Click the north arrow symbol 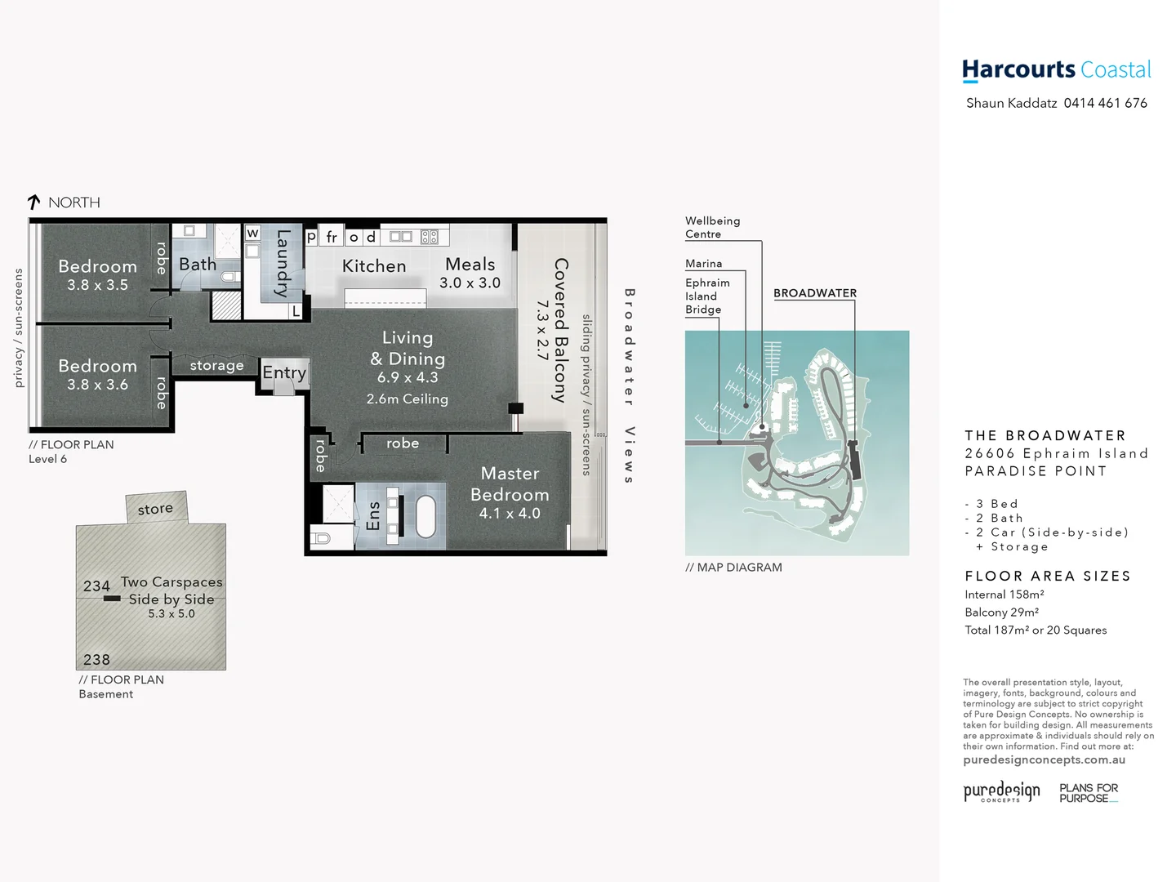pyautogui.click(x=33, y=202)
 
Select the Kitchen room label pyautogui.click(x=373, y=266)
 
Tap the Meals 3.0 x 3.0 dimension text pyautogui.click(x=470, y=283)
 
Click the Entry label pyautogui.click(x=284, y=373)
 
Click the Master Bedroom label pyautogui.click(x=510, y=484)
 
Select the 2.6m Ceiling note pyautogui.click(x=407, y=399)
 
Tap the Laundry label pyautogui.click(x=283, y=263)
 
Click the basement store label pyautogui.click(x=155, y=509)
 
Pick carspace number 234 pyautogui.click(x=96, y=586)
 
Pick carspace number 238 pyautogui.click(x=96, y=660)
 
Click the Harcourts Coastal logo pyautogui.click(x=1056, y=70)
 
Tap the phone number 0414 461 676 pyautogui.click(x=1105, y=103)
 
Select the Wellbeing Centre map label pyautogui.click(x=712, y=228)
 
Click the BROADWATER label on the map pyautogui.click(x=814, y=293)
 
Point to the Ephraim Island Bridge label pyautogui.click(x=707, y=296)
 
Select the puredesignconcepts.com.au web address pyautogui.click(x=1044, y=760)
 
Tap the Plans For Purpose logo pyautogui.click(x=1088, y=793)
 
